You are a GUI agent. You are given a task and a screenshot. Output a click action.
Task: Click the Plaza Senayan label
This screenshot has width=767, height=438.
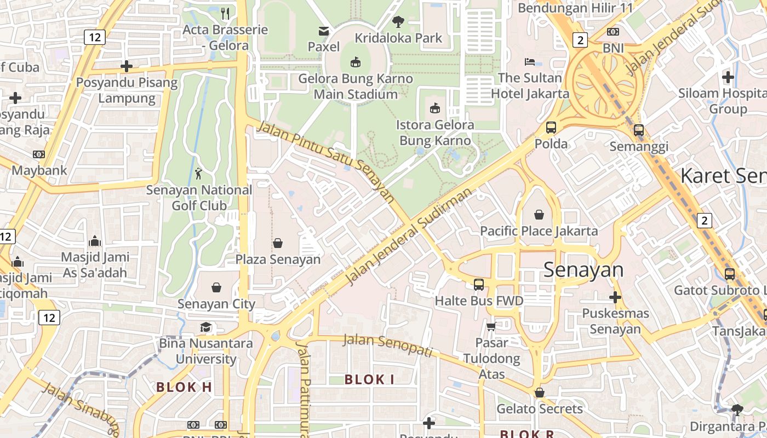[x=278, y=259]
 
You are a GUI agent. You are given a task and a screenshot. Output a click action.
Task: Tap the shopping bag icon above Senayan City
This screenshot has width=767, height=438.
[x=216, y=287]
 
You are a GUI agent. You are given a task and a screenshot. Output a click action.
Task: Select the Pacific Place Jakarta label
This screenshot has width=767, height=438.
[x=539, y=230]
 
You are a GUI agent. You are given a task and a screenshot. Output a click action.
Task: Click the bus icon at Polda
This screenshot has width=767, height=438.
[x=551, y=128]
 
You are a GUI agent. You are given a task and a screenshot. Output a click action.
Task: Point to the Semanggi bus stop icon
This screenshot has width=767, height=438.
[x=639, y=130]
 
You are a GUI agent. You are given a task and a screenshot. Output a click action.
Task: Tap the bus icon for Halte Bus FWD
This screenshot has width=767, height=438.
[x=479, y=284]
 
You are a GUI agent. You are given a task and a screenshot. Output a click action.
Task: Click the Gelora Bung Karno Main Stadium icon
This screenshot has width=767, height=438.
[x=356, y=62]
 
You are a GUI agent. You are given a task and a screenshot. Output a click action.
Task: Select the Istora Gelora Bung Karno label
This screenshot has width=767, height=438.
[x=435, y=132]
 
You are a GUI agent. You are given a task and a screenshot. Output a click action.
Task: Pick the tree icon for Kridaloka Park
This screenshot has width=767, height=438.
[x=398, y=22]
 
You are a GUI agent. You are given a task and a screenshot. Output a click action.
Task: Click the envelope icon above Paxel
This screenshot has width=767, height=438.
[x=324, y=31]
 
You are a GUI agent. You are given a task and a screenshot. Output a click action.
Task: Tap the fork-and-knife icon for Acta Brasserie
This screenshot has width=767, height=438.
[x=225, y=13]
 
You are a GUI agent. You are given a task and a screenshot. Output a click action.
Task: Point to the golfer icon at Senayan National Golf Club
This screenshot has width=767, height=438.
[x=198, y=174]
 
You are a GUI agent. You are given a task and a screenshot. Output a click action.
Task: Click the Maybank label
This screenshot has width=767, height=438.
[x=39, y=170]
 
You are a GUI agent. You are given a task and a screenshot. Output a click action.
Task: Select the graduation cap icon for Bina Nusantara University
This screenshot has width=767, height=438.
[x=205, y=327]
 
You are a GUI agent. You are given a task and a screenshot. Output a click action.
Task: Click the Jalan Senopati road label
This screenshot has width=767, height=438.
[x=388, y=345]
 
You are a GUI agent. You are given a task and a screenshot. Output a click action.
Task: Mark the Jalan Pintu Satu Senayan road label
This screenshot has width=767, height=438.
[x=326, y=163]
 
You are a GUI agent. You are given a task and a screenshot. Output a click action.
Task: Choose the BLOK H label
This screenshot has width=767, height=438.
[x=184, y=387]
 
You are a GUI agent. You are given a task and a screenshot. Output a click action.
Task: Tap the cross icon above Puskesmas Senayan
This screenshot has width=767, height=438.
[x=615, y=297]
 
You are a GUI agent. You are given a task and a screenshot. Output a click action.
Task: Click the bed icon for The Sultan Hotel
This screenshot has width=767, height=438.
[x=530, y=61]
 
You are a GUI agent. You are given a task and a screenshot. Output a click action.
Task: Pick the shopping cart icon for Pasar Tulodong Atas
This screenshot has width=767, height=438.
[x=491, y=327]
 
